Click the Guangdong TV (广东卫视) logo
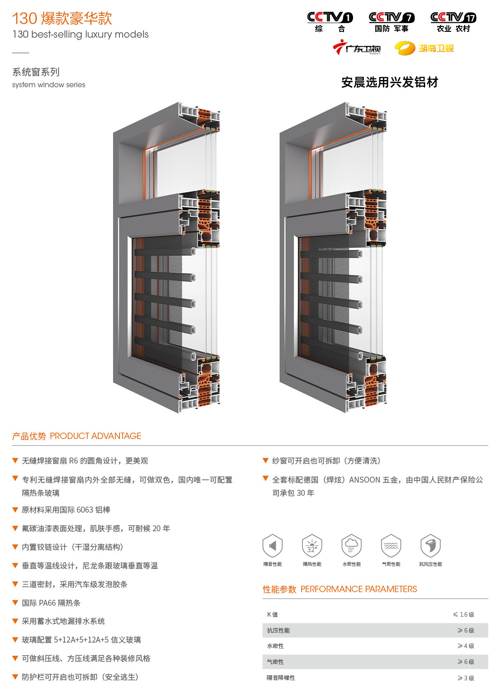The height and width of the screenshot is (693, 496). (x=357, y=48)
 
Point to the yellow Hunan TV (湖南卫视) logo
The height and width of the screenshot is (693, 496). (x=424, y=48)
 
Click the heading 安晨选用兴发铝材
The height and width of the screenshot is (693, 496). (x=390, y=82)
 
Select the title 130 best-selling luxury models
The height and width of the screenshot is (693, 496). (x=80, y=35)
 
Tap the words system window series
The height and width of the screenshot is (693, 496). (x=49, y=85)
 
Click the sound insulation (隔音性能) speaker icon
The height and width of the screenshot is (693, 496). (x=273, y=546)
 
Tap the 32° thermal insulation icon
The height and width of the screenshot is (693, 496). (x=312, y=546)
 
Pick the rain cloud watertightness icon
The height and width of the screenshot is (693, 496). (x=352, y=546)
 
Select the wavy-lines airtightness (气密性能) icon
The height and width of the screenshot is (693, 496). (x=391, y=546)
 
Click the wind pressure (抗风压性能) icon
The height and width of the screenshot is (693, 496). (x=431, y=546)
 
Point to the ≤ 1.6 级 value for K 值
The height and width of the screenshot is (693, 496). (x=463, y=615)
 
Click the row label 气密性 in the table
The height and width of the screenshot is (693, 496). (x=275, y=662)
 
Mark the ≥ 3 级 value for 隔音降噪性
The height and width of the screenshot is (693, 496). (x=466, y=678)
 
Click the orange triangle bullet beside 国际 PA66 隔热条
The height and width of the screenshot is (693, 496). (x=15, y=603)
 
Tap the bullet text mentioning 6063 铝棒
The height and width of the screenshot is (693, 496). (x=66, y=510)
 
